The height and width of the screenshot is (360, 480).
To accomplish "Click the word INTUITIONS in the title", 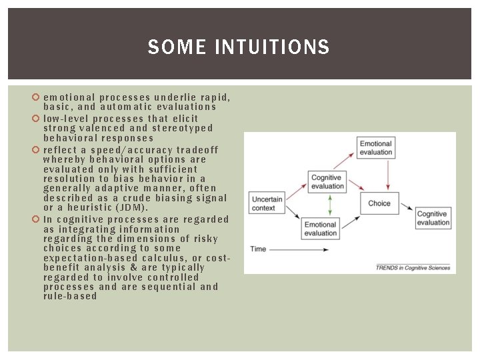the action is coord(273,47).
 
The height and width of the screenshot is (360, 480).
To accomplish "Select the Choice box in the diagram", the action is coord(379,203).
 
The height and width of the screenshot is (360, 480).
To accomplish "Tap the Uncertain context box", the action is coord(267,203).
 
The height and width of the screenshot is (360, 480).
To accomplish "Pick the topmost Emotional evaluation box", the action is coord(375,148).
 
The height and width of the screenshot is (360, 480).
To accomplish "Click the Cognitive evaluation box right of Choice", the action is coord(433,218).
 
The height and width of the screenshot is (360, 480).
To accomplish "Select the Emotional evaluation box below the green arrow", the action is coord(321,229).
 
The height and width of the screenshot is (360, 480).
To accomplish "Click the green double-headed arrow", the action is coord(321,205).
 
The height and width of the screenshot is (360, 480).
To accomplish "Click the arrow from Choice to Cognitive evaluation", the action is coord(404,209).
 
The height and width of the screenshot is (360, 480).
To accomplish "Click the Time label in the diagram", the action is coord(258,249).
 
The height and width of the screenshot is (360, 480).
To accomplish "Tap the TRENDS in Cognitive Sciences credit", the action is coord(413,268).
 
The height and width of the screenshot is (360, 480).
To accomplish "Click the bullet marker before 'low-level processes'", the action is coord(37,119).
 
